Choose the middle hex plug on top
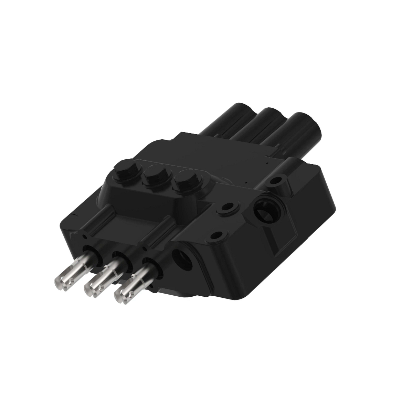click(153, 178)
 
